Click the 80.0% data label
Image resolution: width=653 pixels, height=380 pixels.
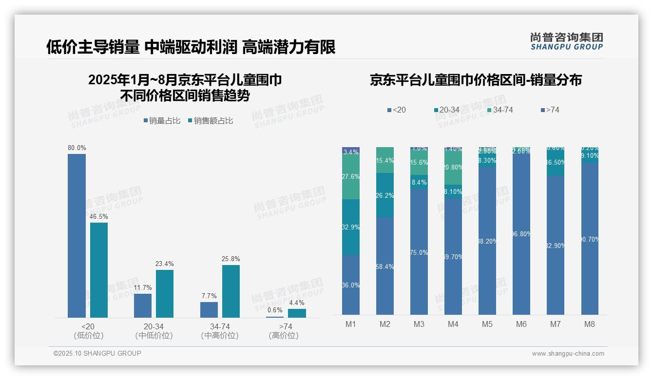[x=77, y=148]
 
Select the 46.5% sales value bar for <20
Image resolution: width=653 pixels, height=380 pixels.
[x=99, y=270]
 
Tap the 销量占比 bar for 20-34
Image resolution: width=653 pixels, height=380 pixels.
[x=143, y=305]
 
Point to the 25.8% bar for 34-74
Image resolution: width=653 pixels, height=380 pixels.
[x=231, y=291]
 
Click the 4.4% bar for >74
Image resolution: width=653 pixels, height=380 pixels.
[x=297, y=313]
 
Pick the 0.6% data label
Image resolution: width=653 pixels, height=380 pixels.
[x=275, y=310]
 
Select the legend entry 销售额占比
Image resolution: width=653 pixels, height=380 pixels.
[x=210, y=121]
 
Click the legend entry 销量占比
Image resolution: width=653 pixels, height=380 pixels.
[x=162, y=121]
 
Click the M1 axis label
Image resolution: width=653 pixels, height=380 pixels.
[x=351, y=324]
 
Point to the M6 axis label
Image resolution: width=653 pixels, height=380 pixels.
[x=521, y=324]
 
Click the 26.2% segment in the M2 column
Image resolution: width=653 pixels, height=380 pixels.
[x=385, y=195]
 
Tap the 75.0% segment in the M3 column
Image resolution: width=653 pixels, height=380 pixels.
[x=419, y=252]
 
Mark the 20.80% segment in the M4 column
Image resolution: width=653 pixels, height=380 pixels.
[x=453, y=167]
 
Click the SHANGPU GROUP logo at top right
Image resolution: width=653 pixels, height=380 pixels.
[x=566, y=41]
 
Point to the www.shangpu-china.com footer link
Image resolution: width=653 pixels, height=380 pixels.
[x=568, y=354]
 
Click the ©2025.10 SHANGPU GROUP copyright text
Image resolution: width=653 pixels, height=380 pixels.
[x=97, y=353]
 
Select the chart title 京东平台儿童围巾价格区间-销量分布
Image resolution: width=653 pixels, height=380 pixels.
[x=476, y=80]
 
